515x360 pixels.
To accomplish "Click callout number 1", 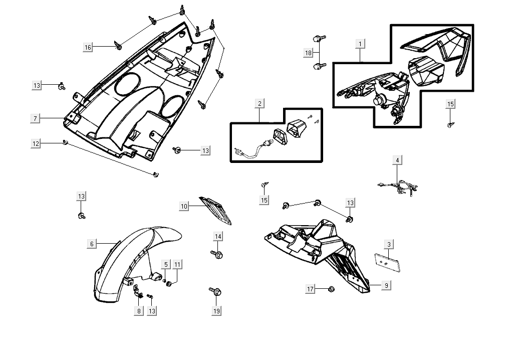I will click(360, 44).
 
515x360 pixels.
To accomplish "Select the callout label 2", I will click(260, 104).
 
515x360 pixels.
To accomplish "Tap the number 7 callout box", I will click(36, 118).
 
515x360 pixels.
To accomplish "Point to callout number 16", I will click(88, 47).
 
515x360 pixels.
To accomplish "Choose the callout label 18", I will click(308, 53).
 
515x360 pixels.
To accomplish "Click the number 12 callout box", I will click(36, 143).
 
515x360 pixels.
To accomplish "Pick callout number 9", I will click(386, 285).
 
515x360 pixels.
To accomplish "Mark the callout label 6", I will click(92, 244).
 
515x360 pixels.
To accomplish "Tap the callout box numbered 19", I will click(216, 311).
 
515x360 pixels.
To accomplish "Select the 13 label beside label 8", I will click(152, 311).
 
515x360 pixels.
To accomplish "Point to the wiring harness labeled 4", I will click(399, 187).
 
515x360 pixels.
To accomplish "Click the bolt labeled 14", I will click(217, 254).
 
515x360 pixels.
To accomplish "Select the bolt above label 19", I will click(216, 291).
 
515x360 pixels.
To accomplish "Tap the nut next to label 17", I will click(331, 289).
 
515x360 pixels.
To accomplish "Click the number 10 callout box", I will click(184, 206).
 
